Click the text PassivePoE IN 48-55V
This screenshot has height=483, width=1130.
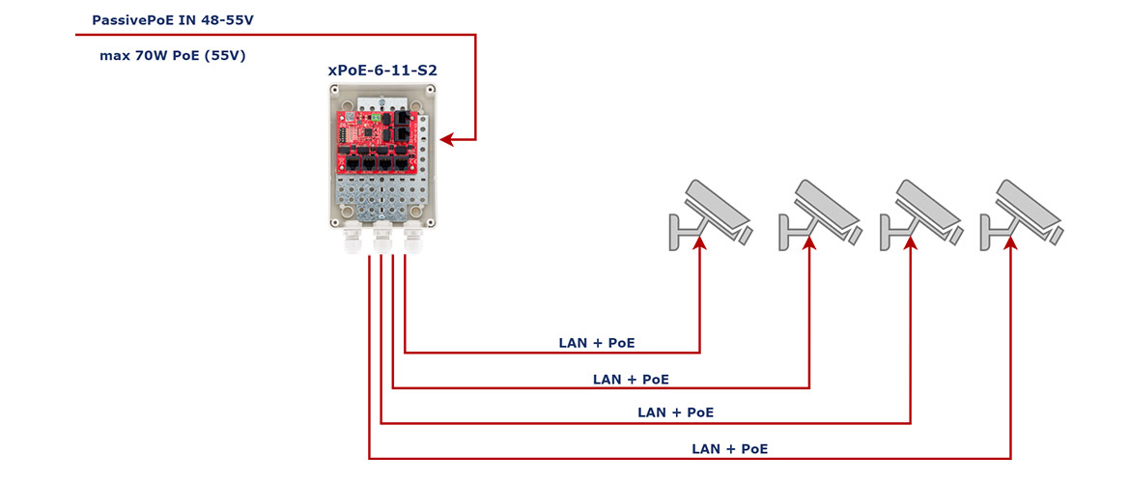[x=173, y=20]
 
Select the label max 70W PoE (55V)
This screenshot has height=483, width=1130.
[x=173, y=55]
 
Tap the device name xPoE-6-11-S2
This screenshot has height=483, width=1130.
[x=382, y=71]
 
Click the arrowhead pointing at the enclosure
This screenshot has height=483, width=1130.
[x=447, y=139]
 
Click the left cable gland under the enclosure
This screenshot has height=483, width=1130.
[x=352, y=241]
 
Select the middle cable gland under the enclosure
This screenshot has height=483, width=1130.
[x=382, y=241]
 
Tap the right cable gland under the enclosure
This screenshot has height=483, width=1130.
[x=413, y=241]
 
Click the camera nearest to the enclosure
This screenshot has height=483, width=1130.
[x=710, y=214]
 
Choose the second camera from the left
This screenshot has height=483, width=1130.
[x=819, y=214]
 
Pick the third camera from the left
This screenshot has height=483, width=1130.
[x=920, y=214]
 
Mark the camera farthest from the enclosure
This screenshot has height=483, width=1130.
[x=1021, y=214]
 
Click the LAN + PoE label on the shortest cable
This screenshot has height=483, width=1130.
[x=597, y=343]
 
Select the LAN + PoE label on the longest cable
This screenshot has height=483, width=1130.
[x=730, y=449]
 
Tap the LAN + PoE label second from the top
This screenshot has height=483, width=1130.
[x=631, y=379]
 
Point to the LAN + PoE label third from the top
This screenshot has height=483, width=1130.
[x=676, y=413]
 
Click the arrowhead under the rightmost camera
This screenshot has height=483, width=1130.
[x=1011, y=246]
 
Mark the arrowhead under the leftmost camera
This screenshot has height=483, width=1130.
[x=700, y=246]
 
